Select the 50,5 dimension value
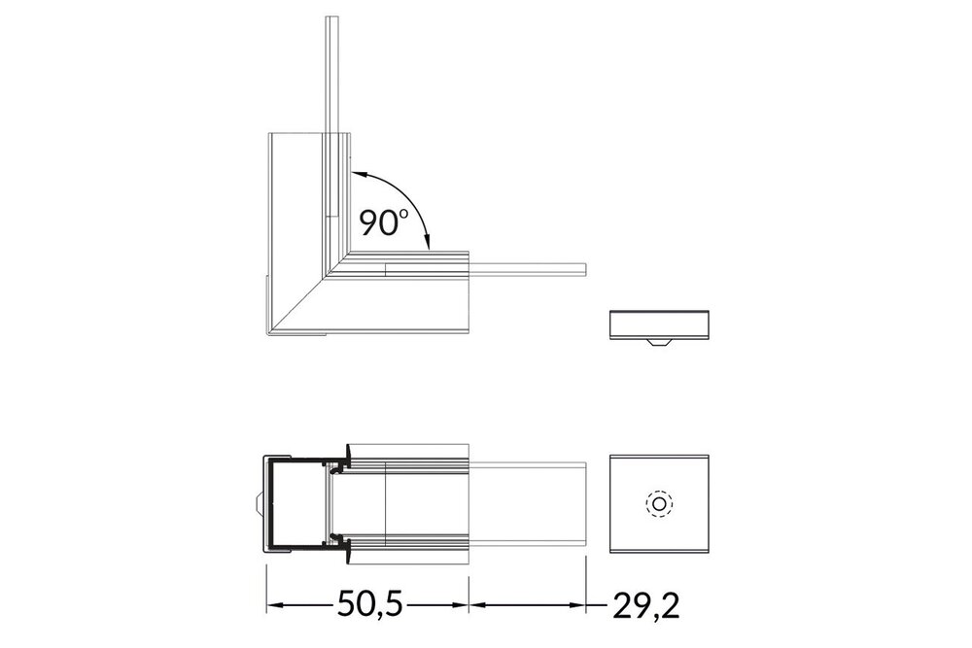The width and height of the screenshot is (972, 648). [x=368, y=605]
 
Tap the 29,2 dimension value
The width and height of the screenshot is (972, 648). [x=645, y=605]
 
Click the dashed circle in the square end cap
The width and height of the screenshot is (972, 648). [x=658, y=504]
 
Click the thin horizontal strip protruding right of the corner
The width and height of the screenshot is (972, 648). [x=530, y=267]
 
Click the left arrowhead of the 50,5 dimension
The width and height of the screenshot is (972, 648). [x=274, y=605]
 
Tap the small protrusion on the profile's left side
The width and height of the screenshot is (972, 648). [x=260, y=505]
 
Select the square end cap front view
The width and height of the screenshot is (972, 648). [x=658, y=503]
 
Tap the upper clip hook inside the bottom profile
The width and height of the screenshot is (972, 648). [x=339, y=468]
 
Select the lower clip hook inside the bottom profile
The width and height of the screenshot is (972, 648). [x=339, y=538]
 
